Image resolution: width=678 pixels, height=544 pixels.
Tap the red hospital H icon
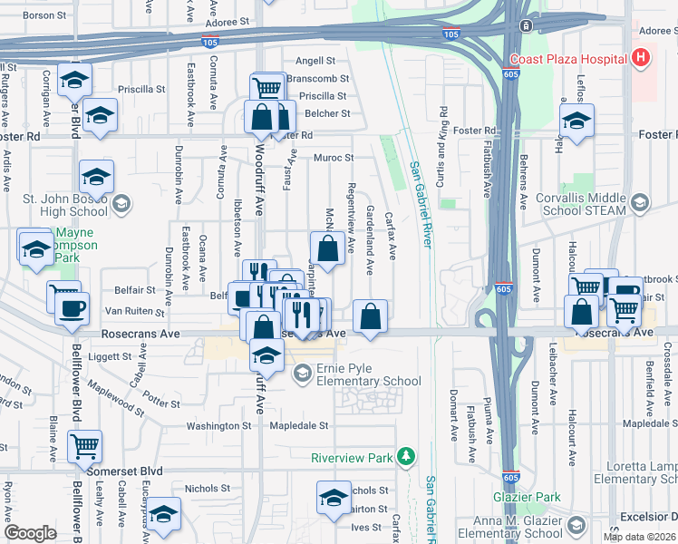[x=642, y=59]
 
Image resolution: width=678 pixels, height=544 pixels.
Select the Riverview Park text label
[x=353, y=458]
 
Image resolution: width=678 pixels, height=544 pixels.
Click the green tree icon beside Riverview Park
[x=409, y=454]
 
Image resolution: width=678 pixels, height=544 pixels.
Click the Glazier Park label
[x=527, y=497]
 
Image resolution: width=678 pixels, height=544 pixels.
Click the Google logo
[x=30, y=533]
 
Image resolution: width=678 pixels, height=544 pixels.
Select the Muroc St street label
[x=334, y=158]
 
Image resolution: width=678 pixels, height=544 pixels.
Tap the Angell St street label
[x=315, y=61]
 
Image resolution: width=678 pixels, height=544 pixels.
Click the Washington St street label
[x=218, y=426]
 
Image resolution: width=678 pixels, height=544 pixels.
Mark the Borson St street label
[x=45, y=15]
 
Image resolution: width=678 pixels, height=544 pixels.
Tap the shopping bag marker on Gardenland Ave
[x=370, y=319]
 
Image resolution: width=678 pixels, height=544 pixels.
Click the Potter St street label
[x=161, y=401]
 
